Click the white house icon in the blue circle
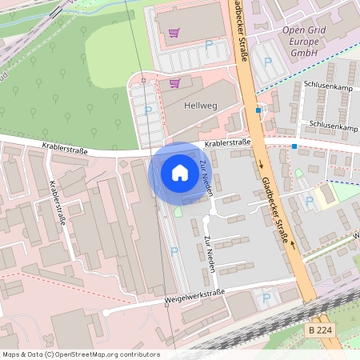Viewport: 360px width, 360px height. point(180,172)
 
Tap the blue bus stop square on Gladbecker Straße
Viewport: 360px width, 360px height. point(258,110)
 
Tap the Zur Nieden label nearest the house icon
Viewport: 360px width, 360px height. point(206,176)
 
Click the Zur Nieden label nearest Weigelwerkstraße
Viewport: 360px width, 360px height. point(209,254)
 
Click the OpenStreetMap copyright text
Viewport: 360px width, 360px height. point(81,354)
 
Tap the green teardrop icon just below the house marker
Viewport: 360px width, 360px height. point(178,210)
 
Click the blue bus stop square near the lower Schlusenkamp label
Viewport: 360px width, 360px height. point(294,146)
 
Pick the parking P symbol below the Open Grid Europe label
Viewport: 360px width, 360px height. point(268,62)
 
